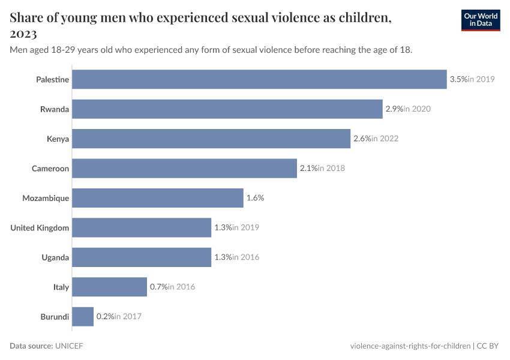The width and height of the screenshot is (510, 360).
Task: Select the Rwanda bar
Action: pos(227,109)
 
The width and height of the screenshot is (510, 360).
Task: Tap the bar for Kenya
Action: pos(211,139)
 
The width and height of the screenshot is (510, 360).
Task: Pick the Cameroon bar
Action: pos(185,169)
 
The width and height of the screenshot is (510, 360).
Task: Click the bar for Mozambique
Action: pos(158,198)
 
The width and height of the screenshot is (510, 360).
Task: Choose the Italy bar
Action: pos(110,287)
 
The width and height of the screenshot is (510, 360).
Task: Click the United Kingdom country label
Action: pos(40,228)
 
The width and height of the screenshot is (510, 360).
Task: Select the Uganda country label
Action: pos(55,257)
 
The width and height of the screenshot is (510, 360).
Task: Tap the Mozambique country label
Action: pos(46,198)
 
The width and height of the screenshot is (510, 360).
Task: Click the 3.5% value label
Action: pos(458,79)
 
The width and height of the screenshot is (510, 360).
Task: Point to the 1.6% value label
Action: pos(255,198)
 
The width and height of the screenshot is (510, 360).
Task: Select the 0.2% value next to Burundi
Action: pos(105,317)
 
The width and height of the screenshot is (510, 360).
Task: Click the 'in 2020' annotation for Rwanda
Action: pos(417,109)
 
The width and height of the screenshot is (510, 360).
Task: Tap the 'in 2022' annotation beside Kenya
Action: pos(385,139)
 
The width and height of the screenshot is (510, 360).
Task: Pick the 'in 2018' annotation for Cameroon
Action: pos(331,169)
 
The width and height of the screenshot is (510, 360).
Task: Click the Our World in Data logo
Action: pos(481,20)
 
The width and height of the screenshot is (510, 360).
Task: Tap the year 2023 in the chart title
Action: pos(23,34)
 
